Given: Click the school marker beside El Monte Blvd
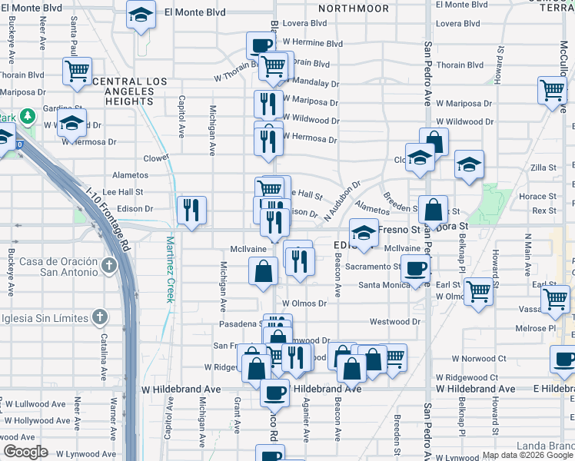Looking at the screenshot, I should pyautogui.click(x=141, y=15).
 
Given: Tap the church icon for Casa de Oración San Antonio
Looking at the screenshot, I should pyautogui.click(x=109, y=267).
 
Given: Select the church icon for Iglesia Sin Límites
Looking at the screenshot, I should pyautogui.click(x=98, y=317).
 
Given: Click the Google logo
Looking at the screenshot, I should pyautogui.click(x=25, y=452).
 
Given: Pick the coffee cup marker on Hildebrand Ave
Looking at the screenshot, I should pyautogui.click(x=274, y=393).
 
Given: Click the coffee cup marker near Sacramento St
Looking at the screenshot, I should pyautogui.click(x=417, y=270).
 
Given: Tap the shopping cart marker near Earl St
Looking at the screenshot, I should pyautogui.click(x=478, y=292).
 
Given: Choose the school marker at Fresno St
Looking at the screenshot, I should pyautogui.click(x=364, y=231).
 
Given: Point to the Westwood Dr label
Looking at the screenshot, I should pyautogui.click(x=395, y=322).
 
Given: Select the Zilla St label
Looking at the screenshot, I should pyautogui.click(x=543, y=167).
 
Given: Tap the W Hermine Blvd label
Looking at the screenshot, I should pyautogui.click(x=312, y=43).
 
